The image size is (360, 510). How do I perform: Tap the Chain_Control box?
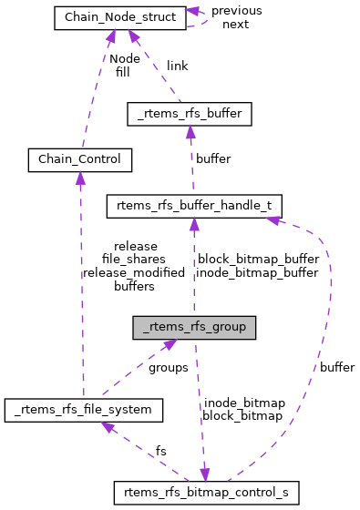[x=80, y=160]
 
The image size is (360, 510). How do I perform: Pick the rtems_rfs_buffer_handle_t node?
[x=195, y=206]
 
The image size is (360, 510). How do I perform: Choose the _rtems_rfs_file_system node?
[x=83, y=411]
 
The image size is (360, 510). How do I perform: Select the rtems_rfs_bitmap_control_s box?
[x=206, y=493]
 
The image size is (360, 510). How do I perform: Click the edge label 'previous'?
[x=236, y=11]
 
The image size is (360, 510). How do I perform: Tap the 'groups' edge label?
[x=168, y=367]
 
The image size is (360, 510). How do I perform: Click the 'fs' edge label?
[x=160, y=451]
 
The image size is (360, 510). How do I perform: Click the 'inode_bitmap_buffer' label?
[x=258, y=272]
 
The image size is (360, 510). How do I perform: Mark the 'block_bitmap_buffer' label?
[x=258, y=260]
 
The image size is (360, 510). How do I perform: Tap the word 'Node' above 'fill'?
[x=124, y=58]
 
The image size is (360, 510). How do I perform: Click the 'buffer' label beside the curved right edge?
[x=336, y=367]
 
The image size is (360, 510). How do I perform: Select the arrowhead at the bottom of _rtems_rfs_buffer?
[x=190, y=132]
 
